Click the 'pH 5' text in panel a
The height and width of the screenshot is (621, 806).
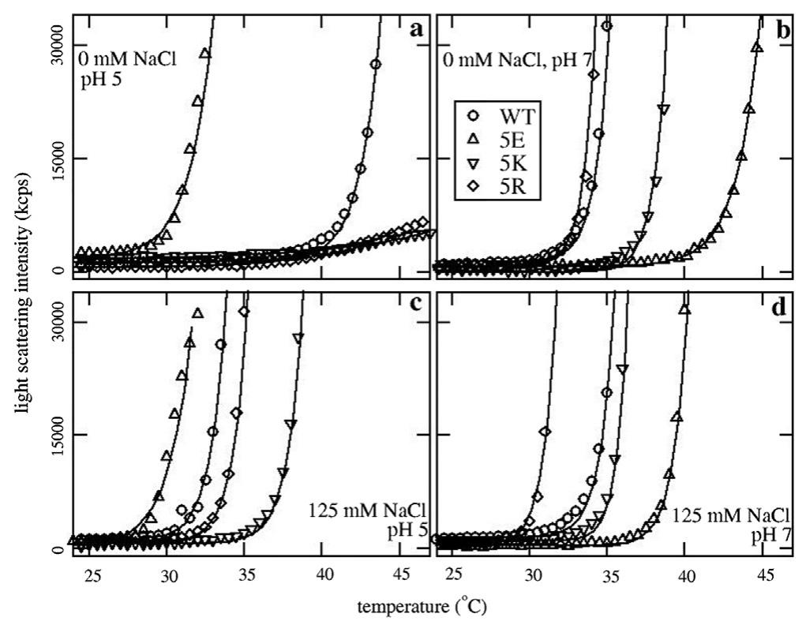(x=99, y=79)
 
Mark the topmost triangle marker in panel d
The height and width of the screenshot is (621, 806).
(x=684, y=310)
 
